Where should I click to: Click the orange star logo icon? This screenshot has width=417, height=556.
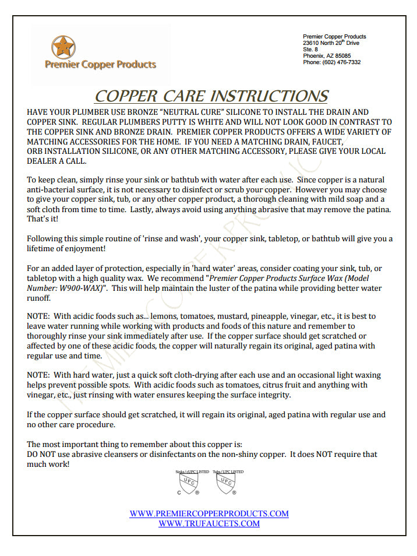63,47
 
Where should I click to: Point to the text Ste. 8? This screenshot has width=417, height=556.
310,50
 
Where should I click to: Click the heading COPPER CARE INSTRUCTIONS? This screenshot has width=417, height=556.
211,96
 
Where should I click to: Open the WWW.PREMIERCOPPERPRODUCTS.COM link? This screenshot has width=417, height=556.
209,513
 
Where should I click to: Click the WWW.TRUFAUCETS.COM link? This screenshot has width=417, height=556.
209,523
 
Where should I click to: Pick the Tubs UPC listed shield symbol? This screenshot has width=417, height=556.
225,483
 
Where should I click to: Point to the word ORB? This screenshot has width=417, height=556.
36,151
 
